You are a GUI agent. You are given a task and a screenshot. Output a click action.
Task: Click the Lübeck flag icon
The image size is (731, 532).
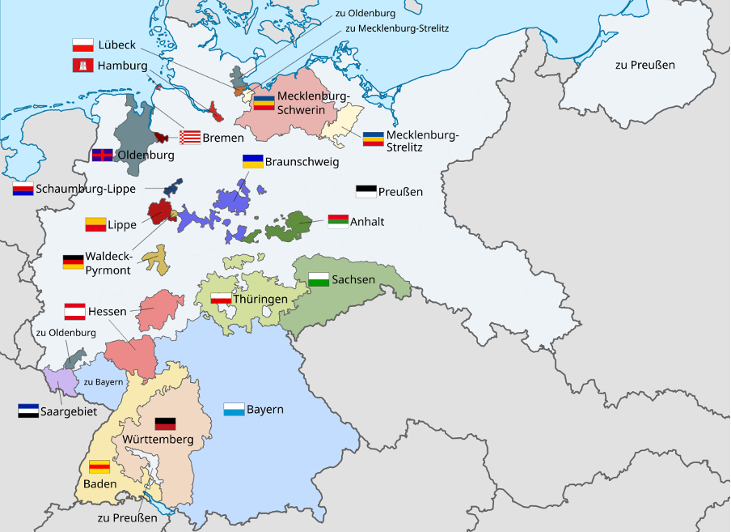coord(82,45)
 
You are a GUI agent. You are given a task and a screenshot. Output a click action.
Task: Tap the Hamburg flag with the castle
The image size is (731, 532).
coord(82,66)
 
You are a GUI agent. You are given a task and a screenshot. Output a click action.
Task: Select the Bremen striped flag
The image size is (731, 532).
coord(189,137)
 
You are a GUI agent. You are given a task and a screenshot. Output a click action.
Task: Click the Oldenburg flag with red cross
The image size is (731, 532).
coord(102,155)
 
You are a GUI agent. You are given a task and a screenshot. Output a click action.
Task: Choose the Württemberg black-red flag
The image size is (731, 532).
coord(164,423)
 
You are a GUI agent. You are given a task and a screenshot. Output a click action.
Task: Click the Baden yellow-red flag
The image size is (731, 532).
coord(99,466)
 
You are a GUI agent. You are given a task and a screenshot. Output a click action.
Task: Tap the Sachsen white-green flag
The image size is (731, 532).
coord(319,279)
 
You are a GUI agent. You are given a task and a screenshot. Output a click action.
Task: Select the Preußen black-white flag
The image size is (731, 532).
coord(365,192)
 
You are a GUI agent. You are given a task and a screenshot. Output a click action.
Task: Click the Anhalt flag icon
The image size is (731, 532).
coord(337,221)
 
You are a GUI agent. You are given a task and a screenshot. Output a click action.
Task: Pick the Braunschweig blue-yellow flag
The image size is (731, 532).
coord(253,160)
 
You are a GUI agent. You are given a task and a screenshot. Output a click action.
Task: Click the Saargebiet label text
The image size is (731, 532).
coord(68,411)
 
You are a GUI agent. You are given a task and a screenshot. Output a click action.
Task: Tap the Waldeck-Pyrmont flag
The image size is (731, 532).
coord(73,262)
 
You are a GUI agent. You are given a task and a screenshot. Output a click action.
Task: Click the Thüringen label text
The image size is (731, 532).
coord(261,300)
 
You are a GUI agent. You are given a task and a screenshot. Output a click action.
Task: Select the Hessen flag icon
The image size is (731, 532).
coord(74,311)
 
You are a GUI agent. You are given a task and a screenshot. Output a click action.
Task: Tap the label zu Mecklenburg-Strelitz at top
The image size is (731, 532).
coord(396,28)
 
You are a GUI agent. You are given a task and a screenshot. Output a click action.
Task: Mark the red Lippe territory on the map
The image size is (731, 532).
coord(159,211)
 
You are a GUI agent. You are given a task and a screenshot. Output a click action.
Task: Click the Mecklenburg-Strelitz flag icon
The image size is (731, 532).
coord(373,138)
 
